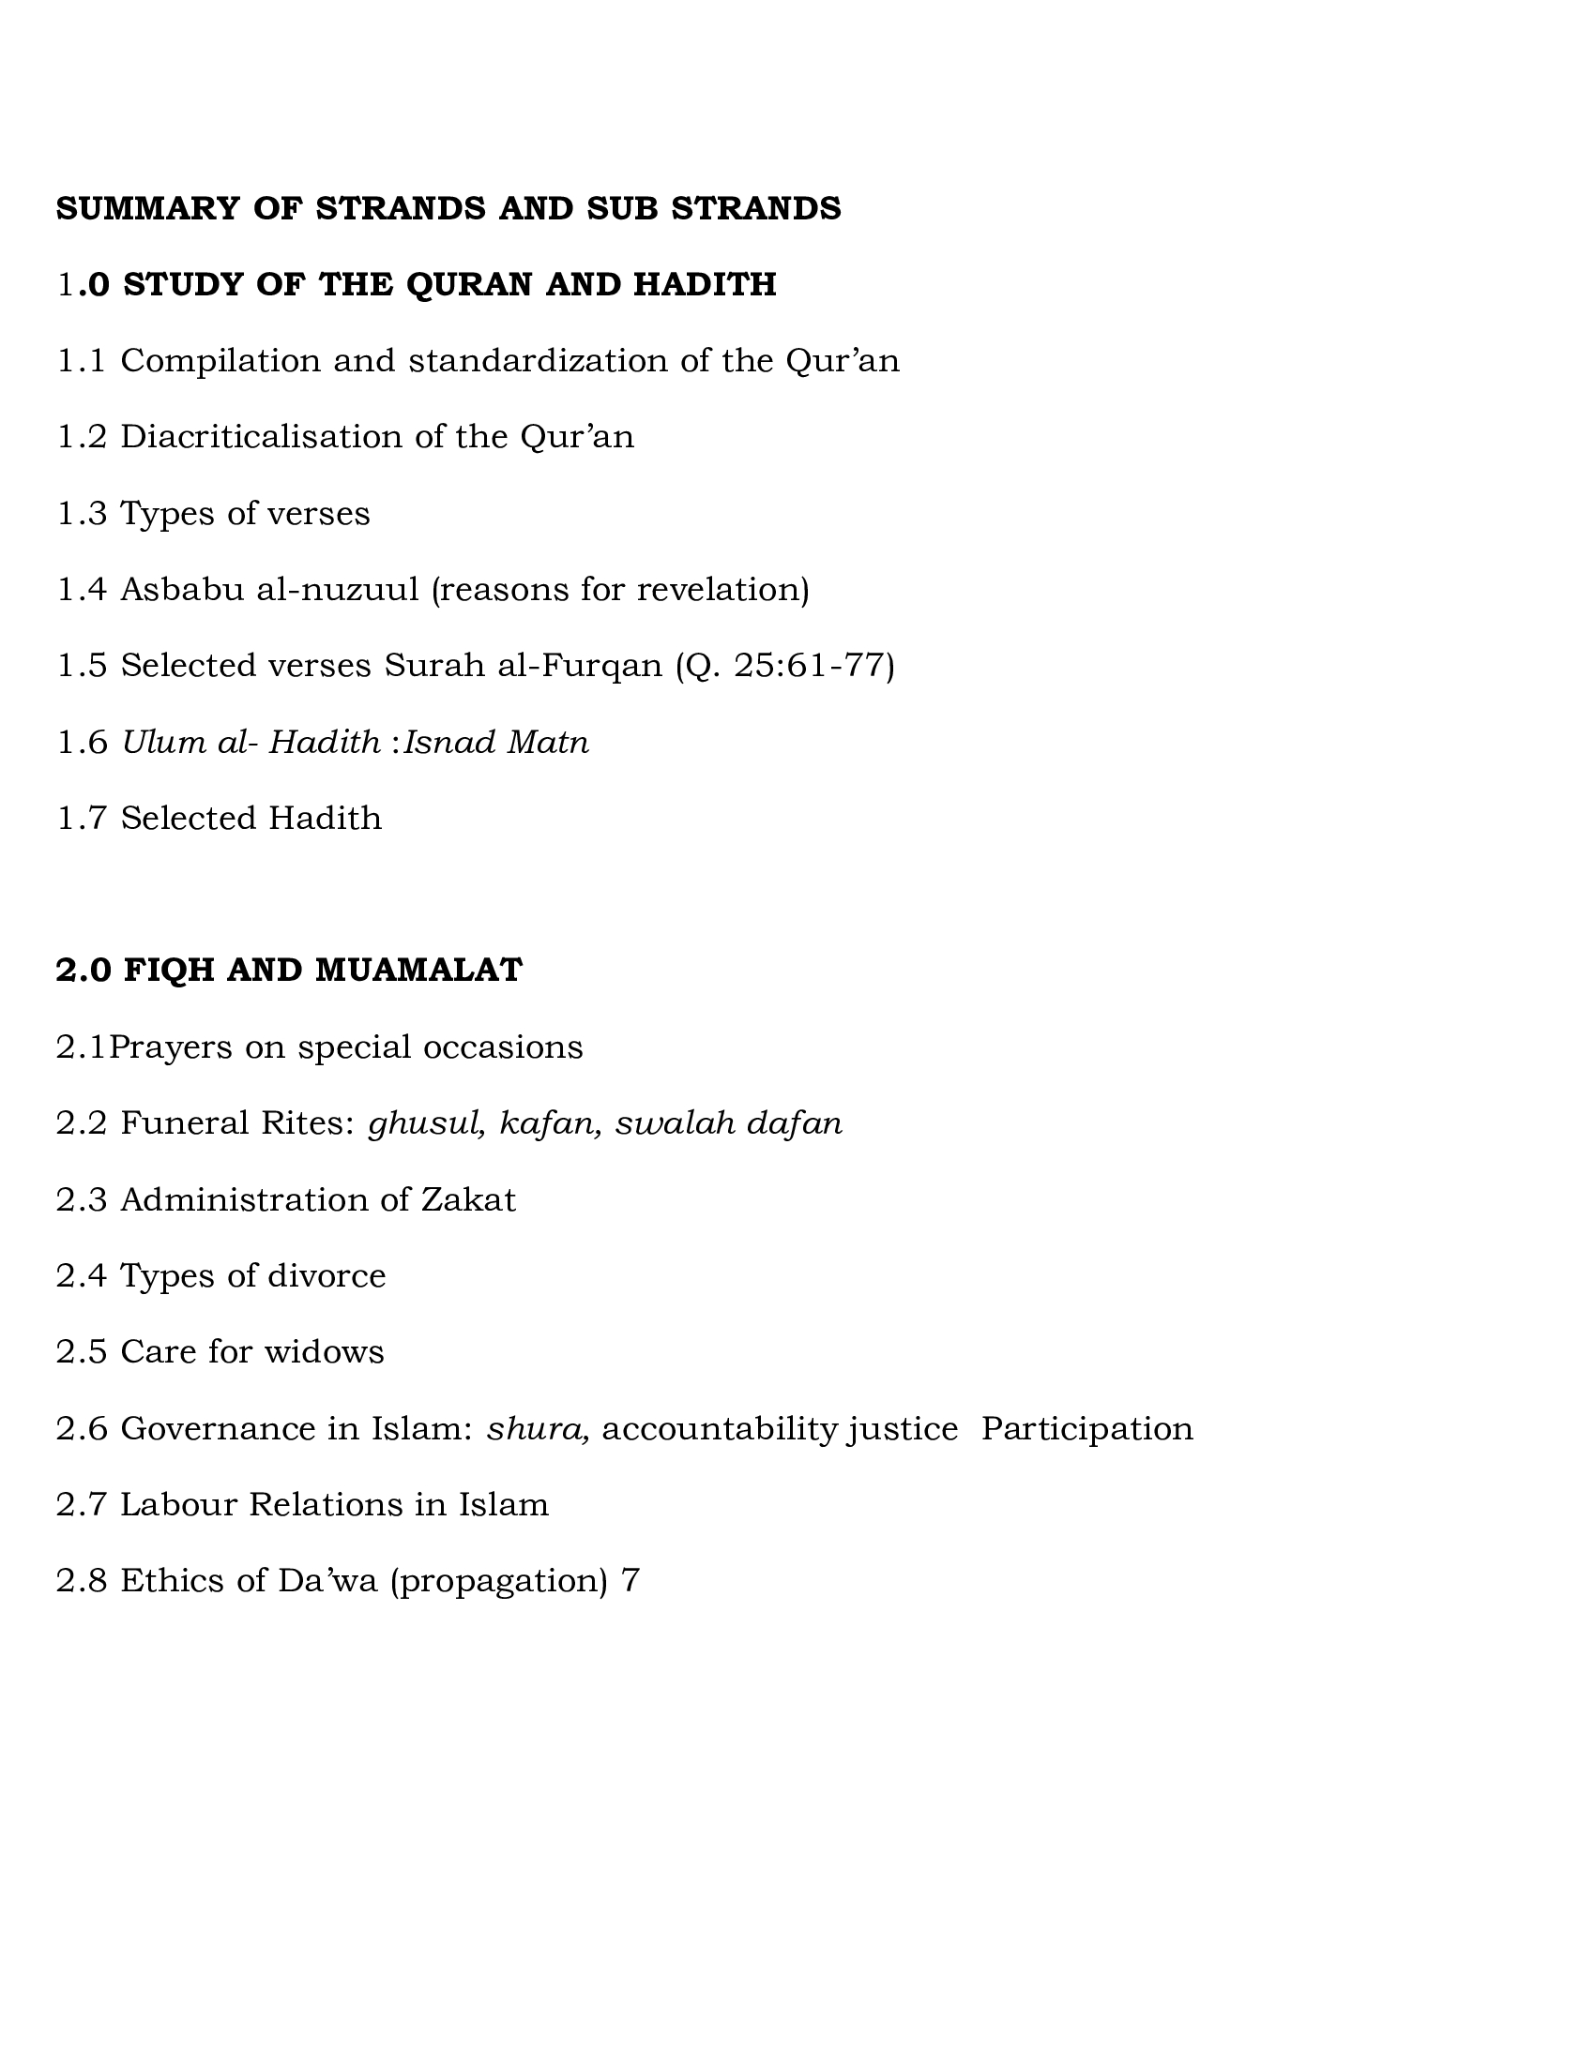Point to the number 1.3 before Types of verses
tap(82, 514)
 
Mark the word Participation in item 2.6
tap(1086, 1428)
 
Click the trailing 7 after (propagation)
tap(631, 1580)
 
